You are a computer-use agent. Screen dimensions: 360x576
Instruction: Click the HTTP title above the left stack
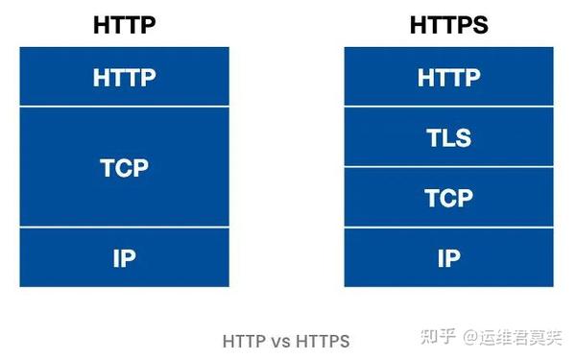(124, 25)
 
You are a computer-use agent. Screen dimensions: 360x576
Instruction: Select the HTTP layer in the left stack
(124, 78)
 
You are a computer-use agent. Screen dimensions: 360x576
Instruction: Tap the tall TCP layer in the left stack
(124, 168)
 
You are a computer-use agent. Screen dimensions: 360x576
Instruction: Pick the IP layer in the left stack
(124, 257)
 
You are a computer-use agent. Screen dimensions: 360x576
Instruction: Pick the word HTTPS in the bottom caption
(323, 340)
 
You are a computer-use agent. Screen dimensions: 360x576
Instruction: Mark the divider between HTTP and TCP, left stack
(124, 107)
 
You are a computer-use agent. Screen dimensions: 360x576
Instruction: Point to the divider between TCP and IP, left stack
(124, 228)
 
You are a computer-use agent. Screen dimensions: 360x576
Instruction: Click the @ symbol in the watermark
(470, 337)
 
